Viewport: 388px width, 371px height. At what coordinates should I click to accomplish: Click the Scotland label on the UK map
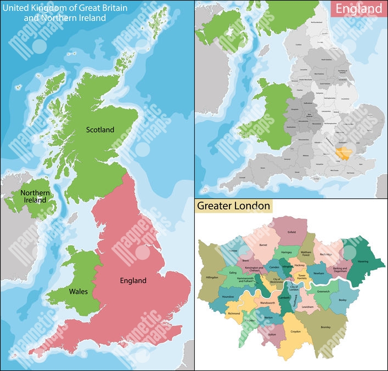point(100,130)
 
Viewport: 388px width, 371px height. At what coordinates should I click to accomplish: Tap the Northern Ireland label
point(36,197)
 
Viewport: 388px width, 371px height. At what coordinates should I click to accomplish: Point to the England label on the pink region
point(133,281)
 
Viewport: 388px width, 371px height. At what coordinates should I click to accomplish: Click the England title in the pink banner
point(358,9)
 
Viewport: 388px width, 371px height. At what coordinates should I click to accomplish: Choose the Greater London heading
point(234,206)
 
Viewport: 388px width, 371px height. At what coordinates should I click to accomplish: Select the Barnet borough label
point(263,246)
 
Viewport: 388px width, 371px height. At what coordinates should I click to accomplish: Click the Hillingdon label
point(211,278)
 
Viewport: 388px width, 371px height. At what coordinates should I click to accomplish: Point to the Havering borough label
point(363,261)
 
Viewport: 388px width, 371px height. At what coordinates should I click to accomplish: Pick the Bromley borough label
point(325,327)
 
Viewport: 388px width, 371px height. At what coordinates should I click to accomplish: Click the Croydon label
point(296,332)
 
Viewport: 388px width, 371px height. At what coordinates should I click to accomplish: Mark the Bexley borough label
point(343,301)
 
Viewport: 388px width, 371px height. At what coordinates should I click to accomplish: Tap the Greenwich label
point(323,292)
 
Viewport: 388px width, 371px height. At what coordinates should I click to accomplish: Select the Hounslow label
point(228,296)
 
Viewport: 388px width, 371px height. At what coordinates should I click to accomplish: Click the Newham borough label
point(318,272)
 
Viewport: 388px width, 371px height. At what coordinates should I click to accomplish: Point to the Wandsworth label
point(267,302)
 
